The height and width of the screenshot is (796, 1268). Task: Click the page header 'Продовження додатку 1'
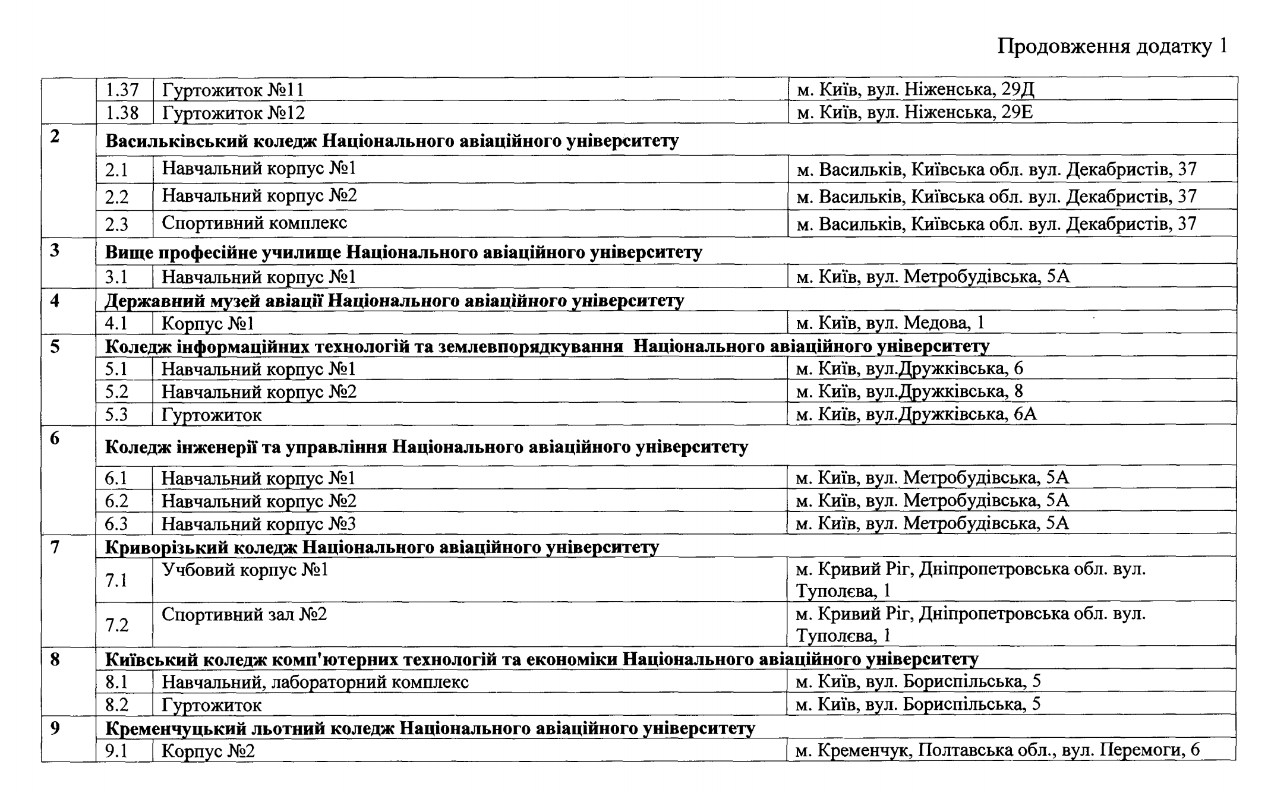coord(1112,46)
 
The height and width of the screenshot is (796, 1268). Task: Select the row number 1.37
coord(122,90)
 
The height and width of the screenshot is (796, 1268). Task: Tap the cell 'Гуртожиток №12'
coord(233,113)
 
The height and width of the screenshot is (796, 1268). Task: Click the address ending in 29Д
coord(915,90)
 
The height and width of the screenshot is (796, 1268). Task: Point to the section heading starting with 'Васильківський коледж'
coord(392,141)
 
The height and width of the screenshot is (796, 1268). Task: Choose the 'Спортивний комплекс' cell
coord(254,223)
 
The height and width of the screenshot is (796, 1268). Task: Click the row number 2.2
coord(117,197)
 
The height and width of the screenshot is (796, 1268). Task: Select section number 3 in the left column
coord(55,251)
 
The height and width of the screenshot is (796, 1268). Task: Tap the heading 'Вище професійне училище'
coord(403,252)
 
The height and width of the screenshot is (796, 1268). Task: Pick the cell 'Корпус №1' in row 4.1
coord(208,324)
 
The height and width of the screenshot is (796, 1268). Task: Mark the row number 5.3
coord(116,415)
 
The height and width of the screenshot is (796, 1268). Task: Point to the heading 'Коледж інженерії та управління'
coord(426,447)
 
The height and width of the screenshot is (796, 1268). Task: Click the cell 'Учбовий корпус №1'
coord(245,570)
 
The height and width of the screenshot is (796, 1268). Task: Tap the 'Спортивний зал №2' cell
coord(244,614)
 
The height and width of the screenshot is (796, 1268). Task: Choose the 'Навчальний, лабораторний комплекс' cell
coord(315,682)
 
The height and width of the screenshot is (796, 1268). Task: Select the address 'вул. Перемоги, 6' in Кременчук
coord(998,750)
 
